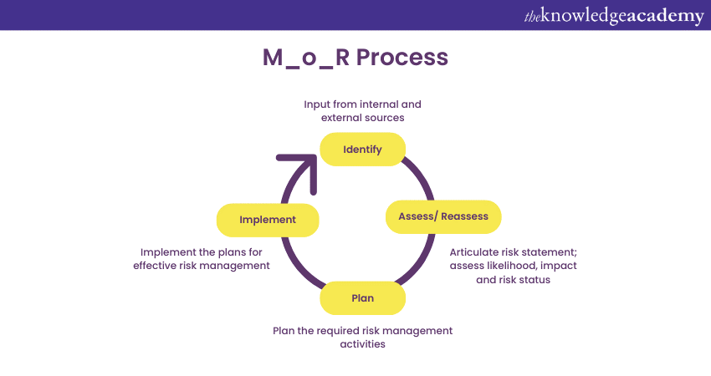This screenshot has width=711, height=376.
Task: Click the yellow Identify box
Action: tap(362, 150)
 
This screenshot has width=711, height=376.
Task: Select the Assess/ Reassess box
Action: tap(442, 216)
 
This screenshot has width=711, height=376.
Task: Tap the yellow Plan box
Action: tap(362, 297)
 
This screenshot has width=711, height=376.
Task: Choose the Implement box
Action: tap(268, 220)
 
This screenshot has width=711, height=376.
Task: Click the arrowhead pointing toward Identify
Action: tap(300, 162)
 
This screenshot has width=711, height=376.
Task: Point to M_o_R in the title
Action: tap(304, 58)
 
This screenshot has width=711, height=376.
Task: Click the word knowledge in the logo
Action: tap(581, 16)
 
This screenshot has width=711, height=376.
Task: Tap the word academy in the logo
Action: tap(662, 16)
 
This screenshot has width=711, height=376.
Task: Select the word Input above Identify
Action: tap(318, 104)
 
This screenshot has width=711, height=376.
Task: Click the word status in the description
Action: tap(534, 280)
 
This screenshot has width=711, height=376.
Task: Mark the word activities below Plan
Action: tap(362, 343)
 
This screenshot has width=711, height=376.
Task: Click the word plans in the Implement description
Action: tap(233, 252)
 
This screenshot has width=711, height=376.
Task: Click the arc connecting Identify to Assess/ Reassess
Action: tap(422, 176)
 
